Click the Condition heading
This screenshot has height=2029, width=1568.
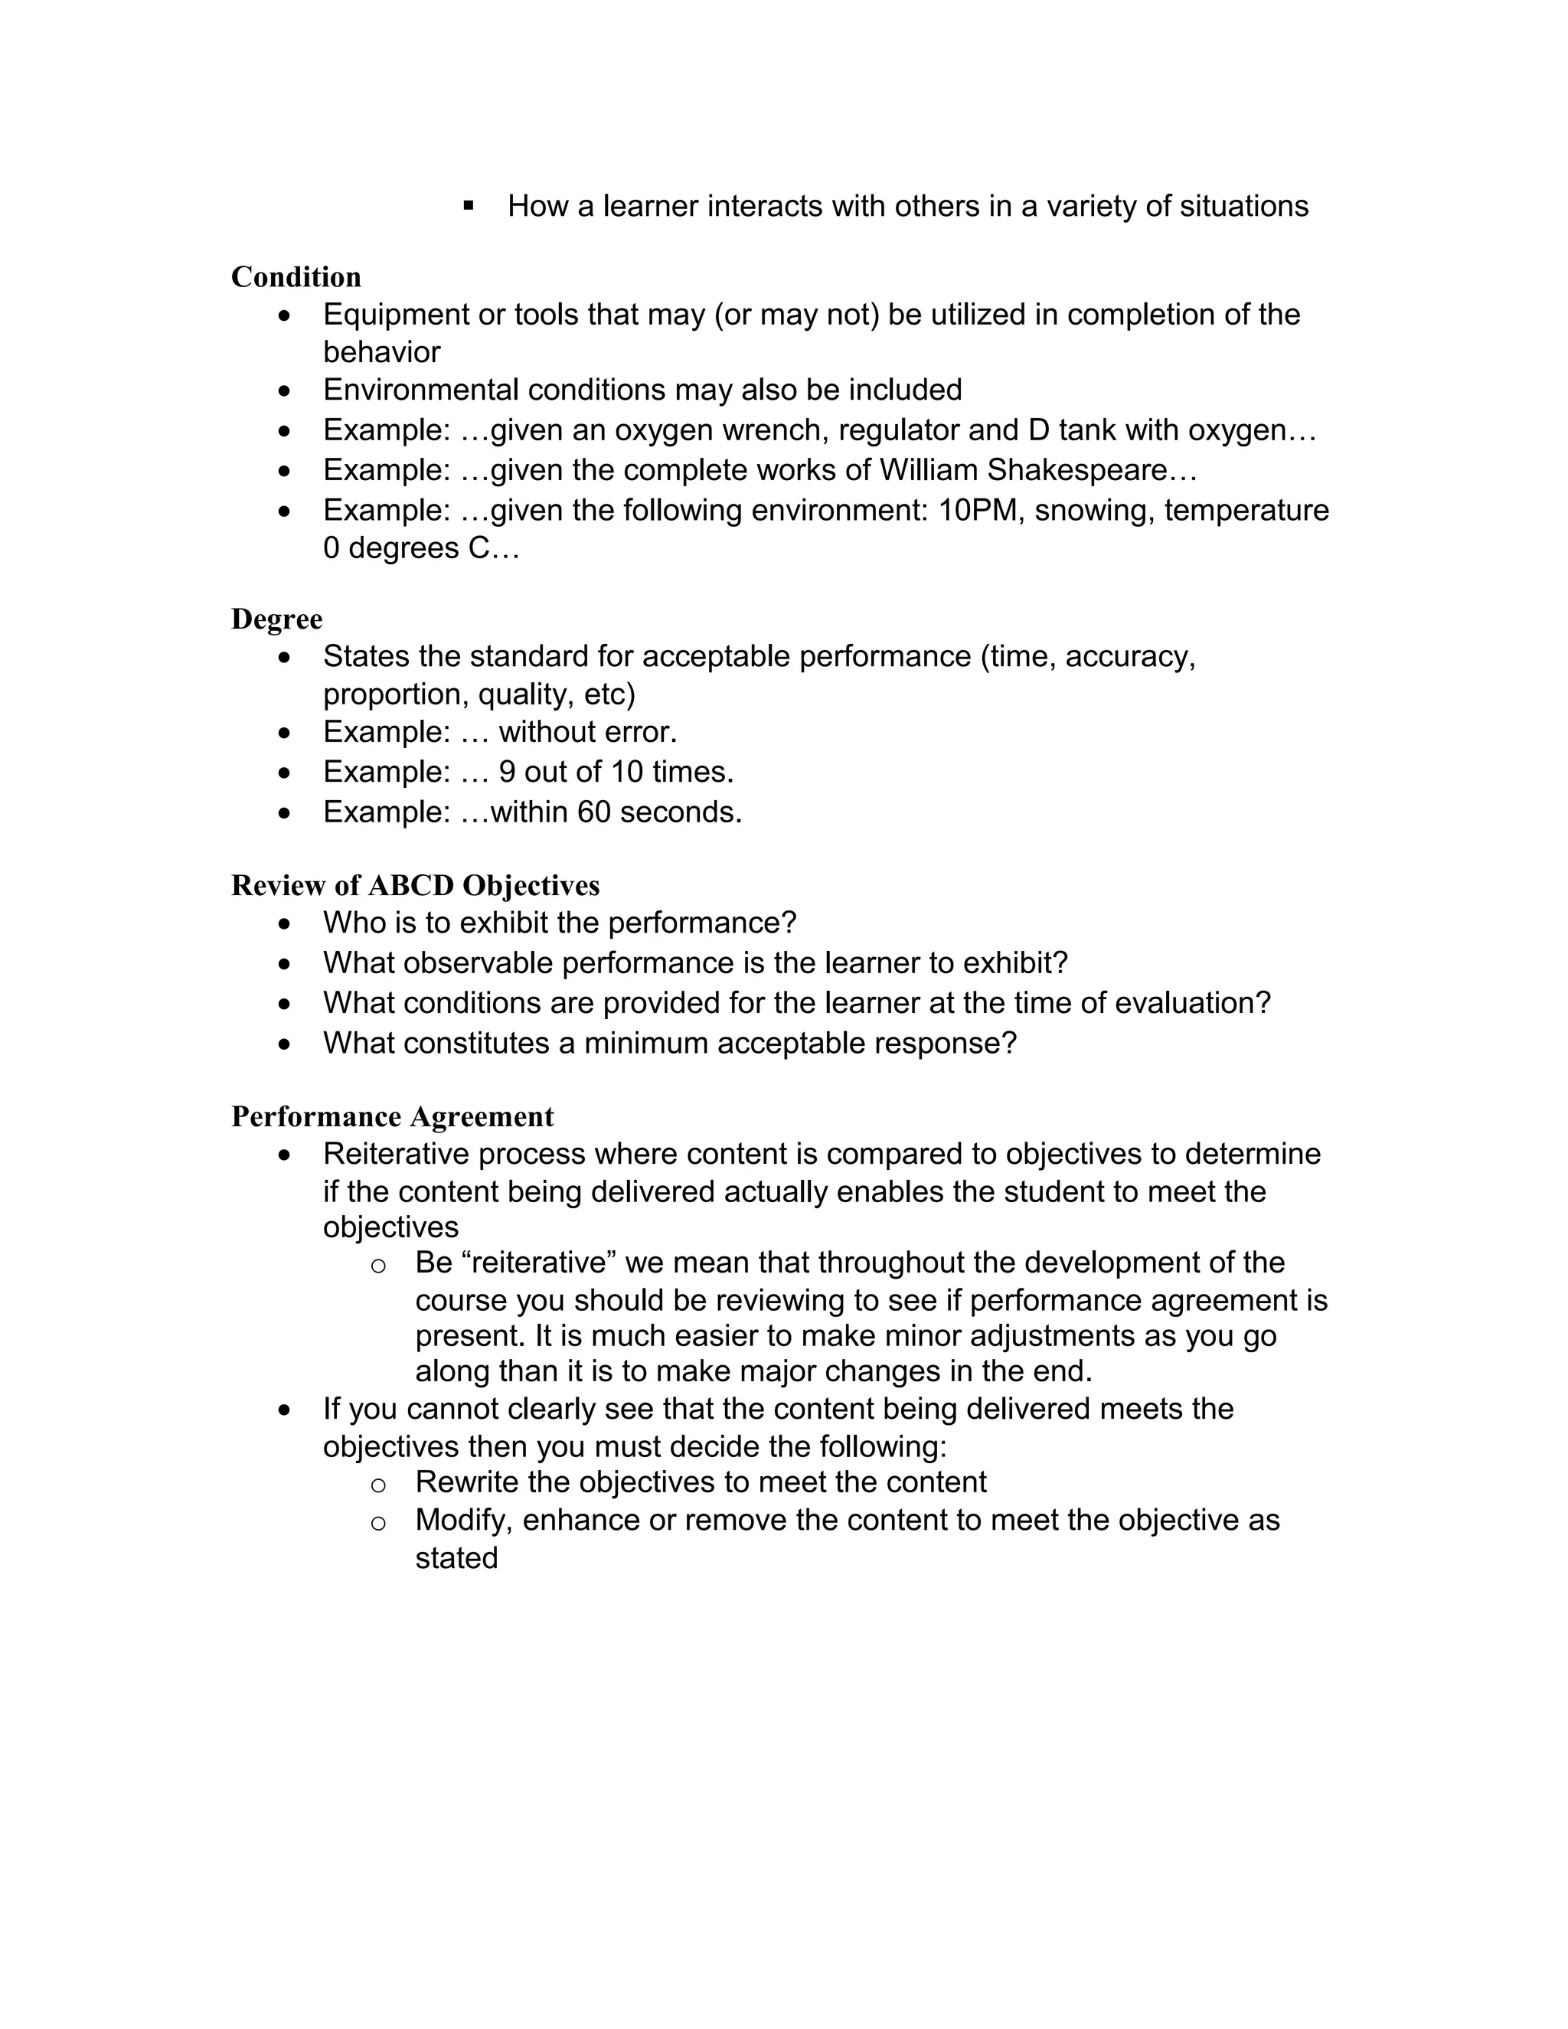point(296,277)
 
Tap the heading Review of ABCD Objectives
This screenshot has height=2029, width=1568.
point(414,885)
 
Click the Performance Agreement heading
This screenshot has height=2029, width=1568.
point(392,1116)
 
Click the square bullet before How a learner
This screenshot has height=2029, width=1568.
point(468,204)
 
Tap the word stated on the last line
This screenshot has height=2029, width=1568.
point(456,1558)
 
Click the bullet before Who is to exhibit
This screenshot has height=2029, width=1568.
point(284,924)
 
